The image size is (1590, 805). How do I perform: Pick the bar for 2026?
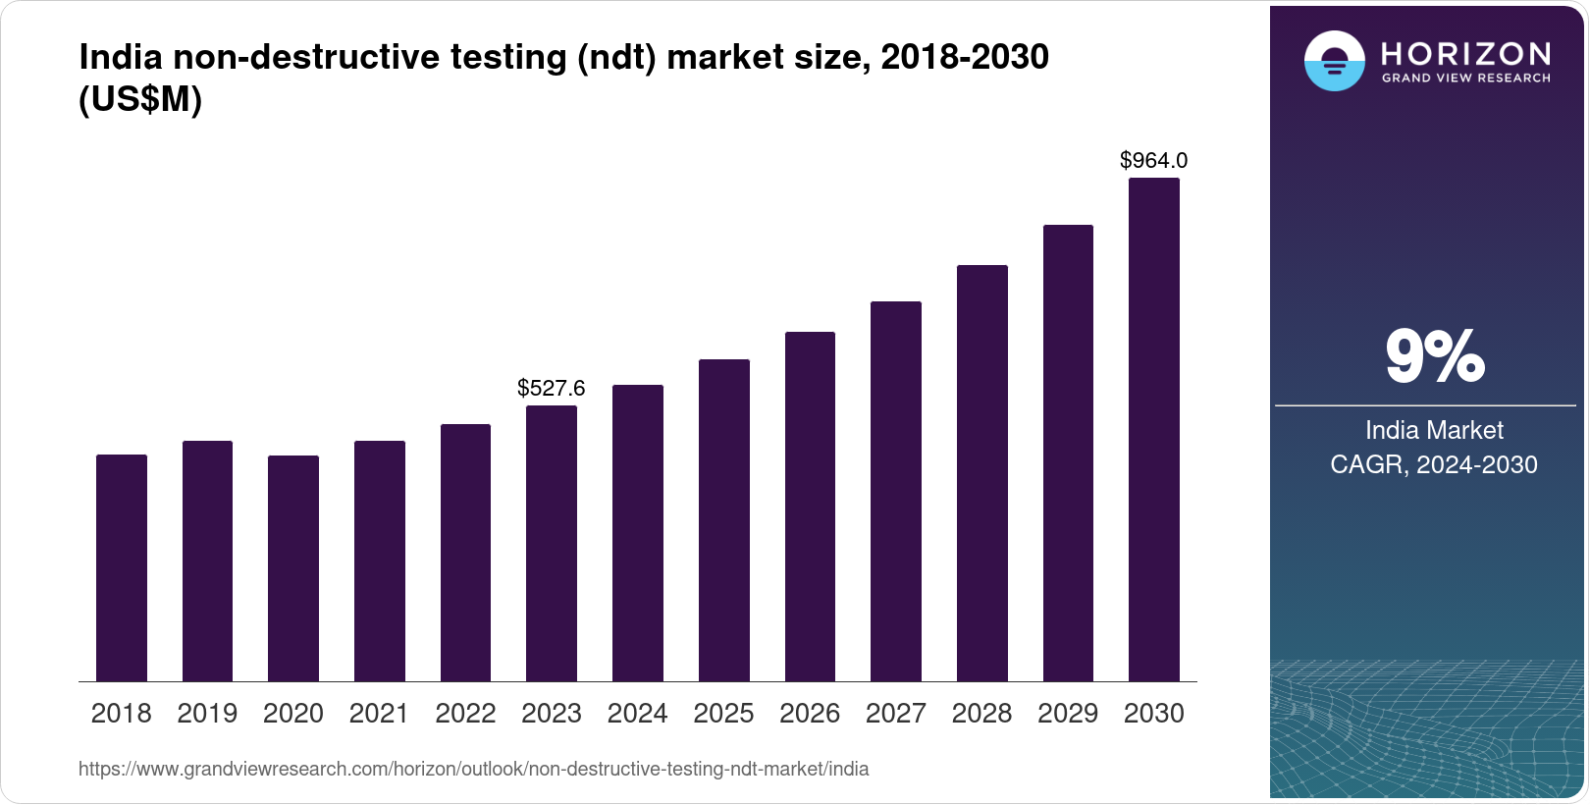[x=810, y=507]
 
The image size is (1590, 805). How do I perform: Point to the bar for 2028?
[x=982, y=473]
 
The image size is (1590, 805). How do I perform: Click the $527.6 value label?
[x=552, y=388]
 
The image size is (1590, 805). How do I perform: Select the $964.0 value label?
[x=1154, y=160]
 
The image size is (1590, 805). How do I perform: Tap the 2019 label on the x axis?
[x=207, y=714]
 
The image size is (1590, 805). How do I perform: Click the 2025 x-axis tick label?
[x=723, y=714]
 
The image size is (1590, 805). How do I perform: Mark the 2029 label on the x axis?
[x=1068, y=714]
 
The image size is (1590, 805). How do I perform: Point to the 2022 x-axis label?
[x=465, y=714]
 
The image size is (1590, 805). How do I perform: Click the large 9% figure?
[x=1434, y=356]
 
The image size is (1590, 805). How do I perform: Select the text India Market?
[x=1434, y=430]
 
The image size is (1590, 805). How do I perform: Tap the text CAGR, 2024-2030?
[x=1434, y=464]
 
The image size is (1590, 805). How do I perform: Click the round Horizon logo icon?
[x=1334, y=61]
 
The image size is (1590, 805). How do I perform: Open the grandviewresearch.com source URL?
[x=473, y=769]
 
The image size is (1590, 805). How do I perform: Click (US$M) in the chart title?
[x=140, y=100]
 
